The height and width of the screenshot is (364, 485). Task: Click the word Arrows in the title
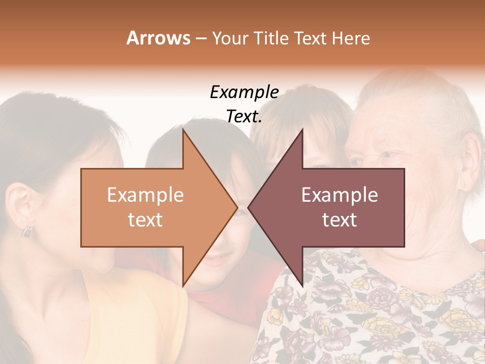click(x=158, y=38)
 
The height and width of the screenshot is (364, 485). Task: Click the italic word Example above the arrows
click(x=244, y=93)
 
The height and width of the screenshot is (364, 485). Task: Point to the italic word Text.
click(x=244, y=117)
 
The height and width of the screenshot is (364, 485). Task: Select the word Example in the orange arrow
click(x=145, y=195)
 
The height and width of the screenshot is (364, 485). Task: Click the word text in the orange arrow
click(x=145, y=220)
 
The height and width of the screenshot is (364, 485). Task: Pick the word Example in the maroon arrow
click(x=339, y=195)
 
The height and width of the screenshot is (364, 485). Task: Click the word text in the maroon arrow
click(x=339, y=220)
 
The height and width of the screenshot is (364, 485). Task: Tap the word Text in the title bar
click(x=311, y=38)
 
